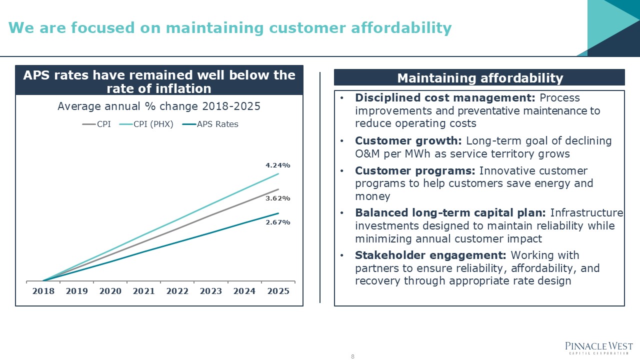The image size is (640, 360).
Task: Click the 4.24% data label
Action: [278, 165]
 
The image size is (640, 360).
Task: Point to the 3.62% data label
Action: [278, 198]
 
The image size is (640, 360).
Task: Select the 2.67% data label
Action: [278, 222]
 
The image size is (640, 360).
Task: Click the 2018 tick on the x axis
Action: [43, 291]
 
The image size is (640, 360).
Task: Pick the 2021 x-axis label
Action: [143, 291]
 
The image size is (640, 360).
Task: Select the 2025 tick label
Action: [278, 291]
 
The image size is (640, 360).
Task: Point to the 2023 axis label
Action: [210, 291]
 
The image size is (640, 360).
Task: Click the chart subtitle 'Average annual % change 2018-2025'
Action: [159, 106]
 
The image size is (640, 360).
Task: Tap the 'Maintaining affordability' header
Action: [479, 78]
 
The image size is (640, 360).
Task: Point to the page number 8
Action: [352, 356]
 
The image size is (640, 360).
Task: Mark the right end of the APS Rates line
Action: [278, 213]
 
